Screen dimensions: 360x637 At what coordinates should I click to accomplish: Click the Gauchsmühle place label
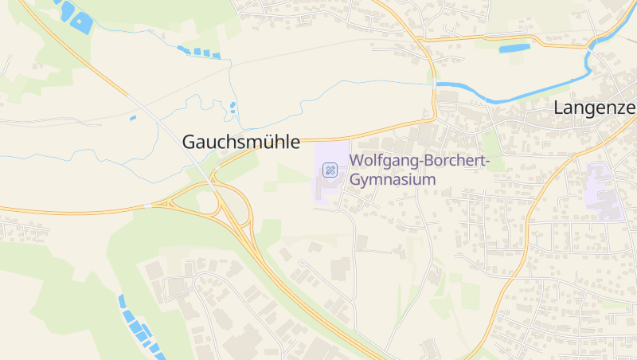point(241,142)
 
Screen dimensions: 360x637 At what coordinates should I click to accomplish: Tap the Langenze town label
point(594,109)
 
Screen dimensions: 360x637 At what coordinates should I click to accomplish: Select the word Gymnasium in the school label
point(394,179)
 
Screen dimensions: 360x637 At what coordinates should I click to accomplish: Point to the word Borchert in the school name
point(451,162)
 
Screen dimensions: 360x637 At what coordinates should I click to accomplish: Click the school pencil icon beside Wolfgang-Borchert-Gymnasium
point(330,170)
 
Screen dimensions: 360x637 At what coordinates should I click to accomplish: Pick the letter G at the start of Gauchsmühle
point(190,142)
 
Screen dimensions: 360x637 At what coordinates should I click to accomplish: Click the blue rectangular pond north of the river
point(514,49)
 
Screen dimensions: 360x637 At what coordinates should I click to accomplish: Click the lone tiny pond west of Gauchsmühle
point(133,118)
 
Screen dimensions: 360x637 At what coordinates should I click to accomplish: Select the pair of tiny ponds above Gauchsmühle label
point(233,107)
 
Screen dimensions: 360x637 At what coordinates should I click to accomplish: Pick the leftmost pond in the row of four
point(182,49)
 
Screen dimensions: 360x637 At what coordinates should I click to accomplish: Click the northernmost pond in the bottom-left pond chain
point(122,301)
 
